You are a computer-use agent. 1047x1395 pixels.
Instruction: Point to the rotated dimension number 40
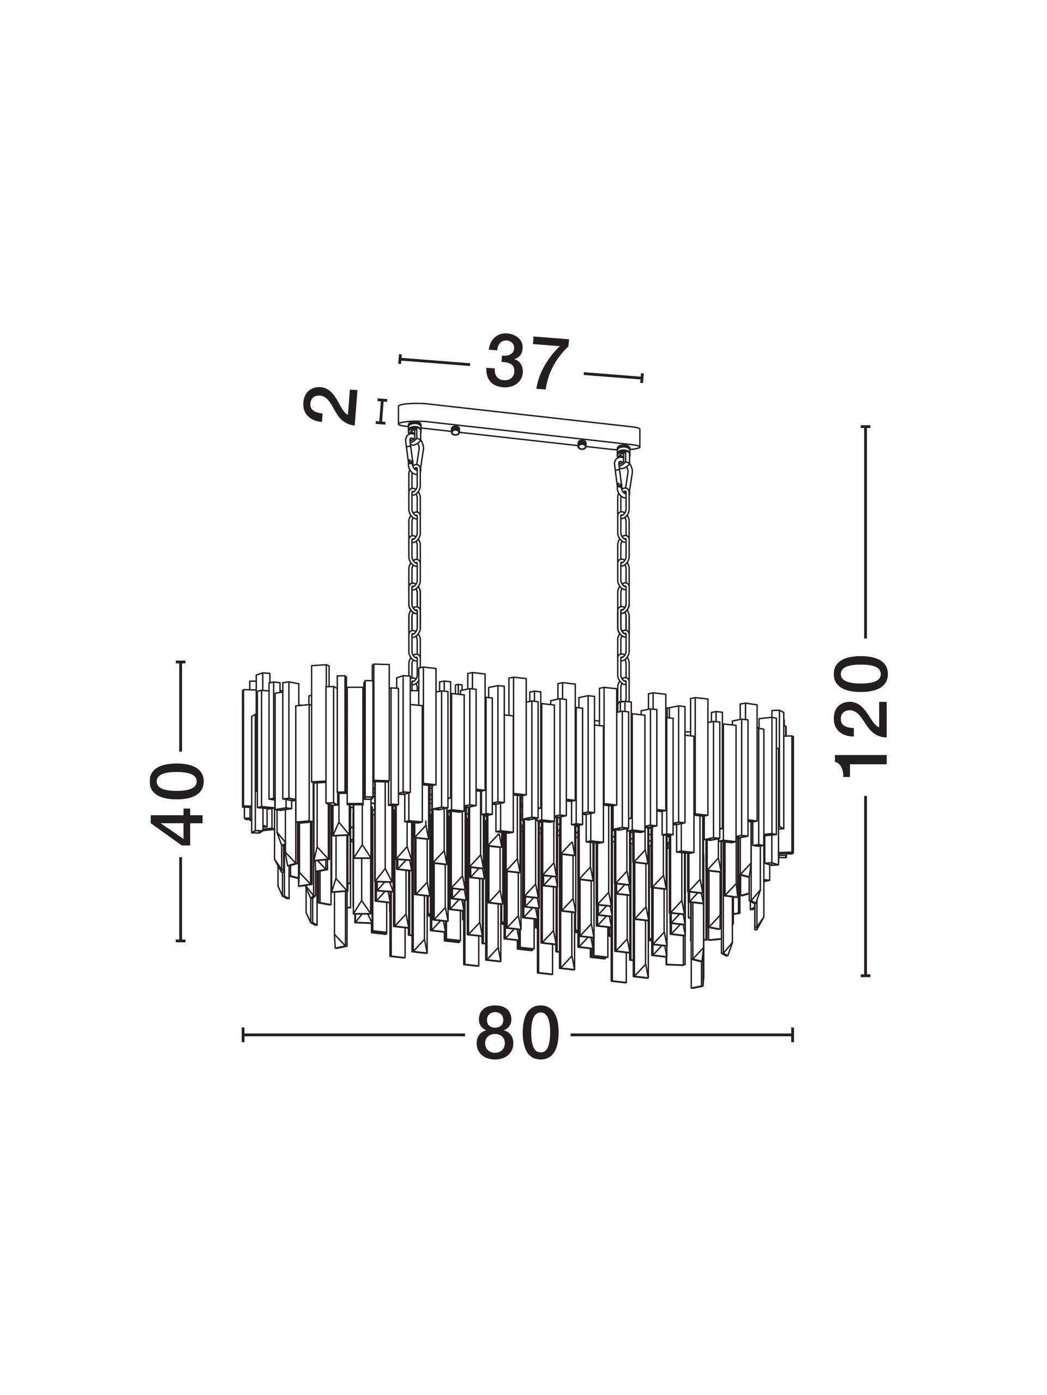coord(177,803)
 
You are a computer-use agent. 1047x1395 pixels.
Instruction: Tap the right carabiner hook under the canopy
coord(623,470)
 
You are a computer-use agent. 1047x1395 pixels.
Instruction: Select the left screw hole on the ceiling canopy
coord(454,432)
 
